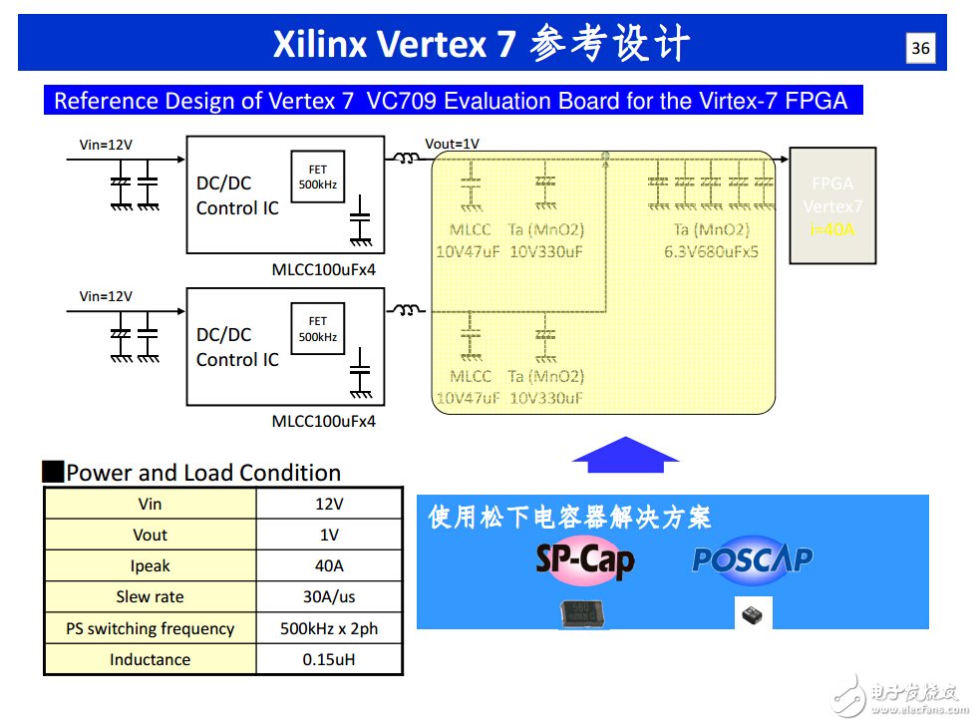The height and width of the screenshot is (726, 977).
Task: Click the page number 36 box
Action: pos(921,49)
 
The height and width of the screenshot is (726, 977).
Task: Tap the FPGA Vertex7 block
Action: pos(832,206)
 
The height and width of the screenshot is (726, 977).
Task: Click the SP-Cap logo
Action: pos(585,560)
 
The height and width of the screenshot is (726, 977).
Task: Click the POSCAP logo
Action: pos(753,559)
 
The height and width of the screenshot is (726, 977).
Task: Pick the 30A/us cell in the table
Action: pos(329,597)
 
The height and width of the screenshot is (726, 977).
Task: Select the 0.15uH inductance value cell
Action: pos(329,659)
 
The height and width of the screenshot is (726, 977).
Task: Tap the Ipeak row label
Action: pos(150,566)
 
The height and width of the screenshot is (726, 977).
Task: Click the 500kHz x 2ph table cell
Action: pos(329,628)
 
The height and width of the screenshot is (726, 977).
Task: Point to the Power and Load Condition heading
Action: pos(203,473)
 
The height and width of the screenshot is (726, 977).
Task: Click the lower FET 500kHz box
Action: pos(317,328)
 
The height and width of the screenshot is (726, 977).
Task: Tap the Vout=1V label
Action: pos(452,144)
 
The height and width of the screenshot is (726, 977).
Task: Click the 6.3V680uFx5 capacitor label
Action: pos(711,251)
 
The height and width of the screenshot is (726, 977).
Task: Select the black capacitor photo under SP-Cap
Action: pos(585,614)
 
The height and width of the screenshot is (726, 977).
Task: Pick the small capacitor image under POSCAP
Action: pos(753,614)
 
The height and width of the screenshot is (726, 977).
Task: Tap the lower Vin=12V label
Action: pos(106,296)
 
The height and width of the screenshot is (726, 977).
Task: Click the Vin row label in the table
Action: pos(150,505)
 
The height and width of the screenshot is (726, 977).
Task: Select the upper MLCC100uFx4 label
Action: pos(324,270)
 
